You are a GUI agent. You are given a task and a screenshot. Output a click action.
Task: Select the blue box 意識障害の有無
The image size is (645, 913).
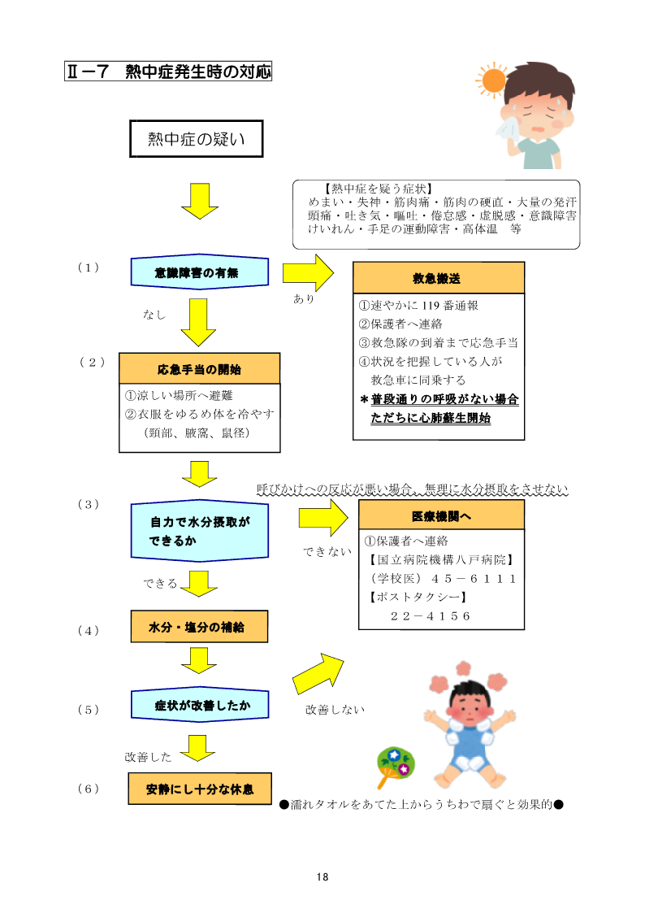coord(200,272)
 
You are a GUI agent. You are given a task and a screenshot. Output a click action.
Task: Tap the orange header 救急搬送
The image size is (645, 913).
coord(438,278)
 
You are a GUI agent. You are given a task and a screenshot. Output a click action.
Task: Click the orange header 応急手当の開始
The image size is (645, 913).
coord(199,368)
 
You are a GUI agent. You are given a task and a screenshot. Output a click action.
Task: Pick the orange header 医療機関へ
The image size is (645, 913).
coord(441,515)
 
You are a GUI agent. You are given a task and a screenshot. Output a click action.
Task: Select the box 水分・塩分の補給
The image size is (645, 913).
coord(198,627)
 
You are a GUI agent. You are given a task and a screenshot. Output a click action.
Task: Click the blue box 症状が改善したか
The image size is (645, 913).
coord(200,705)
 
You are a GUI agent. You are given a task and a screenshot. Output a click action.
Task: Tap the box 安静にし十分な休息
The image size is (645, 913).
coord(200,789)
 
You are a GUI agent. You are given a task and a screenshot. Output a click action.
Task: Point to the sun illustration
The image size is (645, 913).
coord(493,80)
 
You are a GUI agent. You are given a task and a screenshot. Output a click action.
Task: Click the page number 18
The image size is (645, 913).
coord(322,877)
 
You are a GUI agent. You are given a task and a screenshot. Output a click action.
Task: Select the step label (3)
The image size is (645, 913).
coord(88,504)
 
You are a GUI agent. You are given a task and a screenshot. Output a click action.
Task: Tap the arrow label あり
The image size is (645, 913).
coord(304,299)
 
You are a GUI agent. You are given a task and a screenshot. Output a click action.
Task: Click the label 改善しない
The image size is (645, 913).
coord(335,710)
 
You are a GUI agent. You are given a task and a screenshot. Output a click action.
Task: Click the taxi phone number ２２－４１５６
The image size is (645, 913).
coord(431,615)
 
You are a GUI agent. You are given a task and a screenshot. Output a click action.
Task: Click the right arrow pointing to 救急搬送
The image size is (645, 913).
coord(308,272)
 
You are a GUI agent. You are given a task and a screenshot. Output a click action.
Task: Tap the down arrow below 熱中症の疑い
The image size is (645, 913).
coord(199,200)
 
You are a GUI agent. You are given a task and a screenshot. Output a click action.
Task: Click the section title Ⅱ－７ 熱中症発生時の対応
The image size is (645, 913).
coord(168,72)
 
